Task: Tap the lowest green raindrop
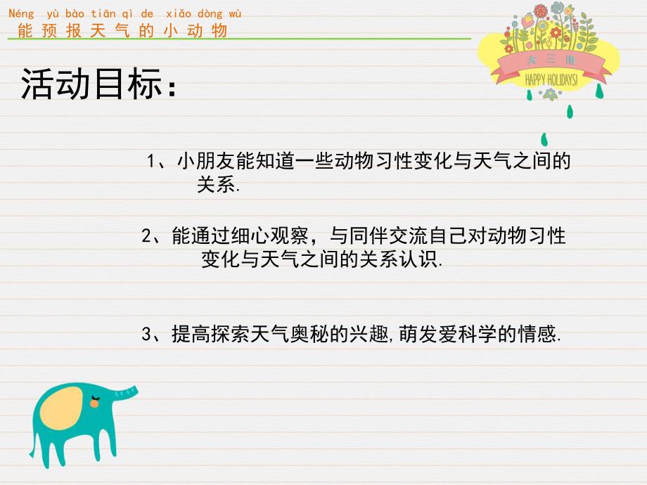(544, 138)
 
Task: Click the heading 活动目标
(96, 86)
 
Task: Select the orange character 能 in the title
(25, 30)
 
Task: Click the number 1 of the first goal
(150, 162)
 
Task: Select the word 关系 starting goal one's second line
(214, 186)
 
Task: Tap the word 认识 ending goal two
(423, 259)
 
